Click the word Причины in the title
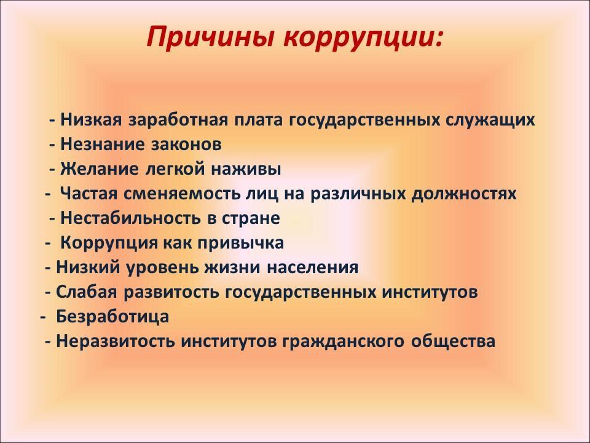211,38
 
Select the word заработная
178,121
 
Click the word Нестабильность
130,218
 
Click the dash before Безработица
42,318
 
